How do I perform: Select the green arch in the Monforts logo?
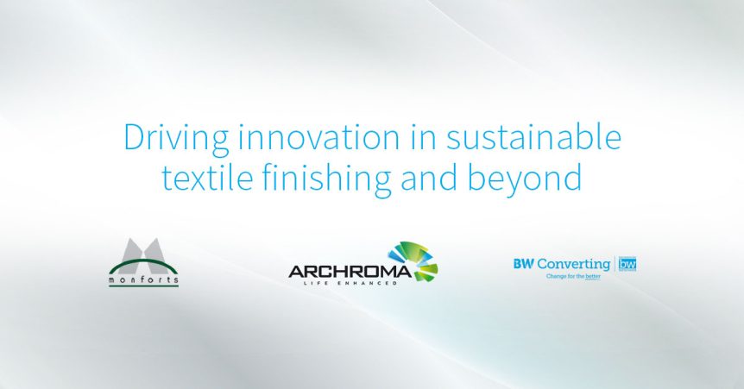(x=142, y=264)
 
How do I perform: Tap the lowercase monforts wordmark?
(x=144, y=279)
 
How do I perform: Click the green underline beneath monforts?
(x=144, y=285)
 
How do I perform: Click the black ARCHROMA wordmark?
(x=350, y=272)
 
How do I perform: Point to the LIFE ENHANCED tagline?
(x=350, y=283)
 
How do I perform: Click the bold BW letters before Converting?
(x=524, y=264)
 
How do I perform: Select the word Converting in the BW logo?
(x=574, y=265)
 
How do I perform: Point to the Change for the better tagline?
(x=573, y=276)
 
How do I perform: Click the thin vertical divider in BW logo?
(x=615, y=264)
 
